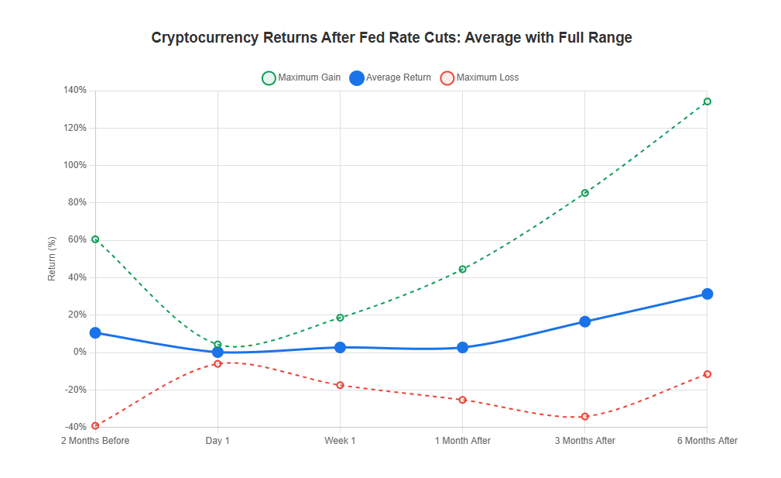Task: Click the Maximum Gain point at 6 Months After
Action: coord(707,101)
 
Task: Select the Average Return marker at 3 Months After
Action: coord(584,322)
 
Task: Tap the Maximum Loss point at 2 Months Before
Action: coord(95,425)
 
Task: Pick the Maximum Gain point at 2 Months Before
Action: coord(95,239)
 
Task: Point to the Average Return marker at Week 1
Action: coord(340,347)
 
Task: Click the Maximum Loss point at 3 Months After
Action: coord(584,417)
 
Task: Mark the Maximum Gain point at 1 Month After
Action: coord(462,269)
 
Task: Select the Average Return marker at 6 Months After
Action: coord(707,294)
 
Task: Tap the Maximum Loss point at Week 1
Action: coord(340,385)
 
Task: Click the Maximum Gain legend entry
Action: coord(302,77)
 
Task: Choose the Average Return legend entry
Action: coord(390,77)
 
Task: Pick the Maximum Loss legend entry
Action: coord(479,77)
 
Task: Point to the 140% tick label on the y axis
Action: coord(75,91)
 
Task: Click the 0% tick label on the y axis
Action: coord(80,352)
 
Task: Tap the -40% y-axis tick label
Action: coord(75,427)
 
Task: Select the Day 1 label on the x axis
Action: coord(218,441)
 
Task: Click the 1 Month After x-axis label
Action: coord(462,441)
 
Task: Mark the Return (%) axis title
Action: coord(52,259)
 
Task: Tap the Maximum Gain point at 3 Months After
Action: coord(584,193)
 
